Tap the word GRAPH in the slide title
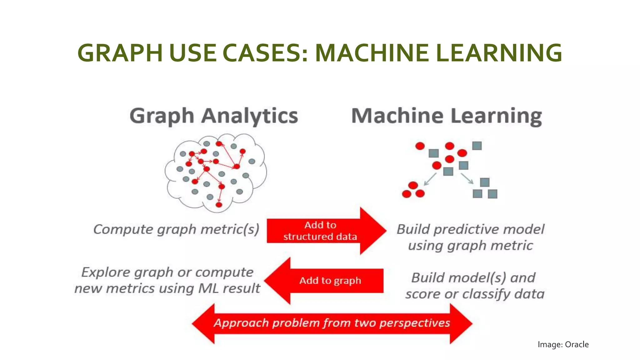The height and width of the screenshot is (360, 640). click(x=120, y=53)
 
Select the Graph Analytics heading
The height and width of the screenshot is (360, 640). click(x=214, y=116)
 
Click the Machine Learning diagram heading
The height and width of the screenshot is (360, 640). click(x=447, y=116)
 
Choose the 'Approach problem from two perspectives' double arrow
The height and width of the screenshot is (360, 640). click(x=332, y=323)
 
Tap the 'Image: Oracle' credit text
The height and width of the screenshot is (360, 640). click(x=563, y=344)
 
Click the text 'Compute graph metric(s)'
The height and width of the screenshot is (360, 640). click(x=176, y=229)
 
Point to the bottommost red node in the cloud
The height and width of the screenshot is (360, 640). click(x=219, y=205)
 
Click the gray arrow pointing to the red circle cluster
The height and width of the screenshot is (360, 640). click(x=430, y=179)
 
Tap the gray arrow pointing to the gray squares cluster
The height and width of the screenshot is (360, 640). click(x=467, y=178)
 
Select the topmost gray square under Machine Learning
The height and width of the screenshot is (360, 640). click(x=477, y=146)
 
